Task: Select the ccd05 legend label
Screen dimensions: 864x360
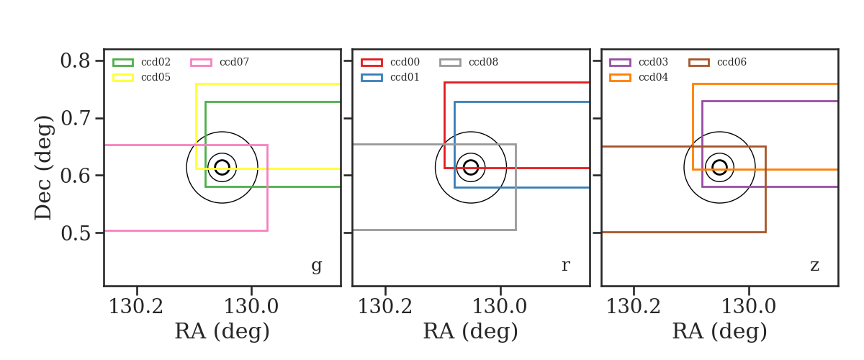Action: coord(156,77)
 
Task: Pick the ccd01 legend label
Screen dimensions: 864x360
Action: coord(405,77)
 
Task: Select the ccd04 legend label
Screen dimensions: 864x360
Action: coord(654,77)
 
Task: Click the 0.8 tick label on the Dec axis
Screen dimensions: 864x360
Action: coord(75,61)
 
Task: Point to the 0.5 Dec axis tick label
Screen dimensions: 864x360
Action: coord(75,233)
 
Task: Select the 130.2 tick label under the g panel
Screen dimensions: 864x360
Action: coord(136,307)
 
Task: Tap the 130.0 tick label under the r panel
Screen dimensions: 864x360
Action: coord(500,307)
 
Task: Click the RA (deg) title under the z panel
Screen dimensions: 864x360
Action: coord(720,331)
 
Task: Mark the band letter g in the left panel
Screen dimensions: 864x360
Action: coord(316,266)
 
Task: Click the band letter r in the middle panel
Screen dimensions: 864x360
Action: coord(565,265)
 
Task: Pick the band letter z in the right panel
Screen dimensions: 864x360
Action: coord(814,266)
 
